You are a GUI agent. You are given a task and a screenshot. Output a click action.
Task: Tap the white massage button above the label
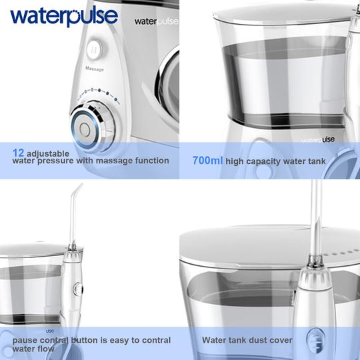(94, 48)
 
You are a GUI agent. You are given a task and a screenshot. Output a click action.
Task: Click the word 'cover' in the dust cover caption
(279, 340)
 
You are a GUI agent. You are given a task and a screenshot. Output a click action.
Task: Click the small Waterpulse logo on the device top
(156, 21)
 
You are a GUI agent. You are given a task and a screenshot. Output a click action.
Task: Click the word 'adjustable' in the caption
(52, 153)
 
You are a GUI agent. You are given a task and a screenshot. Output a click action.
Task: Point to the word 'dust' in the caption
(254, 340)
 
